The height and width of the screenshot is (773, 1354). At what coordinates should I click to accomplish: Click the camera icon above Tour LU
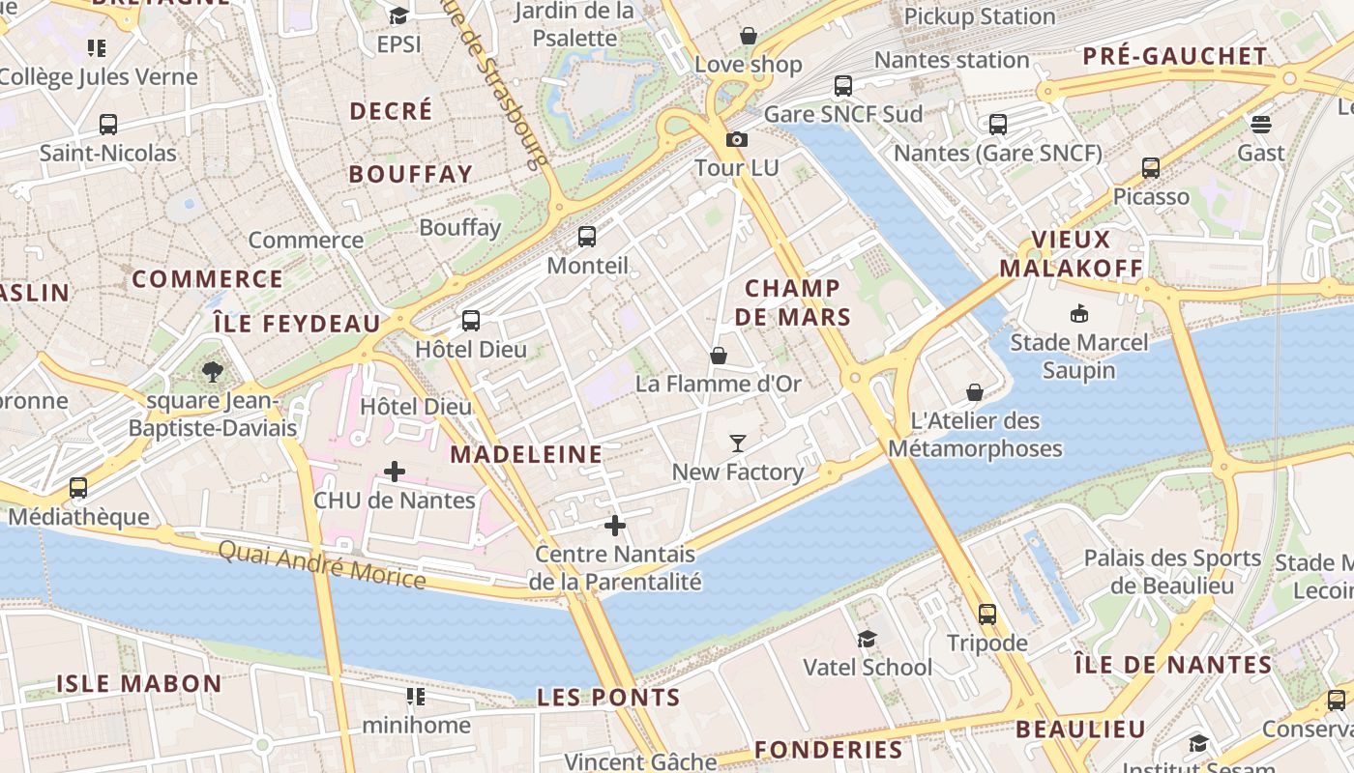click(x=737, y=139)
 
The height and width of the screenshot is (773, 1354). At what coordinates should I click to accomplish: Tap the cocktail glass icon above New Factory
click(x=738, y=444)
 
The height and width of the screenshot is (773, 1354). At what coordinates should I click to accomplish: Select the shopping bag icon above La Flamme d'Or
click(x=719, y=356)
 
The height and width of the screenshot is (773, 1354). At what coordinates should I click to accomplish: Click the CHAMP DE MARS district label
click(x=792, y=302)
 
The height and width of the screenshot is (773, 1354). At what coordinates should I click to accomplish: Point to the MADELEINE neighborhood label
click(x=526, y=454)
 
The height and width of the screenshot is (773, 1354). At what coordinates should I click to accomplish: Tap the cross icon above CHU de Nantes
click(x=395, y=472)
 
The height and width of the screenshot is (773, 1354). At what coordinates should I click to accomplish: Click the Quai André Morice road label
click(x=321, y=565)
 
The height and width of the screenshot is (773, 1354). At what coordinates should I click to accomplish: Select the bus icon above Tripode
click(x=987, y=614)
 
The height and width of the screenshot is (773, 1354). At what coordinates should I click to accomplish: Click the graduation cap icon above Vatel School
click(x=868, y=639)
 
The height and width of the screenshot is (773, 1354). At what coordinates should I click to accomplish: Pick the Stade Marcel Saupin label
click(x=1079, y=357)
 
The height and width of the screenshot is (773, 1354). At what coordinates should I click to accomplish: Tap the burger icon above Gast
click(x=1260, y=124)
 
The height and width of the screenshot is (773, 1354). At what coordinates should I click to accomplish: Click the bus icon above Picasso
click(x=1151, y=168)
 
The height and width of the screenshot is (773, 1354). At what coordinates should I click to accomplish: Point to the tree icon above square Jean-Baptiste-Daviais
click(x=213, y=371)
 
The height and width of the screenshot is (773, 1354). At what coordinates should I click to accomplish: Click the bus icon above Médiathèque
click(x=78, y=488)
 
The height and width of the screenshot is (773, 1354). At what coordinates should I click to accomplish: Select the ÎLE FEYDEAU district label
click(x=296, y=324)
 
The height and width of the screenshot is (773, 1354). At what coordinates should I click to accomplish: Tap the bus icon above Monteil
click(x=587, y=237)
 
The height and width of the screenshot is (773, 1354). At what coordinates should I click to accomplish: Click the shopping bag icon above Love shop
click(x=749, y=36)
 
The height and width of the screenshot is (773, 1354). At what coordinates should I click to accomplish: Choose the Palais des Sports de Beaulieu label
click(x=1172, y=572)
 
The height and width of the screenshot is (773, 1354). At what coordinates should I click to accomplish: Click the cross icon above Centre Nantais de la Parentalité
click(x=615, y=526)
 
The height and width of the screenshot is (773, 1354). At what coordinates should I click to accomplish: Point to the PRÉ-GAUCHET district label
click(x=1175, y=56)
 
